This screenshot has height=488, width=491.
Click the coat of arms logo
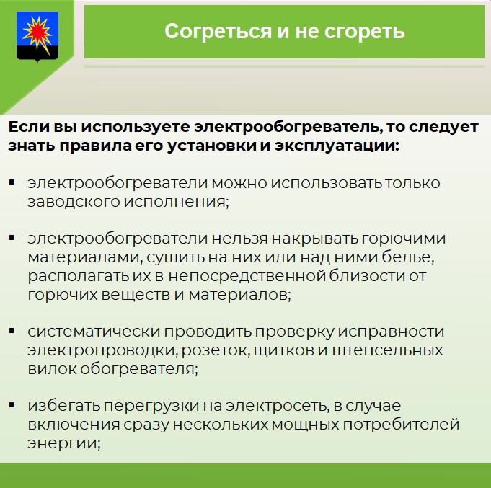tap(37, 36)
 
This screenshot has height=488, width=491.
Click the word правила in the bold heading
tap(95, 146)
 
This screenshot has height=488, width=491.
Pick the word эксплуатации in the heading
tap(337, 146)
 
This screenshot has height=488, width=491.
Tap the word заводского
tap(74, 202)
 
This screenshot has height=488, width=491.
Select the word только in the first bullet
tap(412, 183)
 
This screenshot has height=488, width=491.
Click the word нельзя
tap(239, 239)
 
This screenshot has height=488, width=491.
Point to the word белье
tap(408, 257)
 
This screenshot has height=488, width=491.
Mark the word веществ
tap(136, 295)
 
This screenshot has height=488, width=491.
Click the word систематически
tap(94, 332)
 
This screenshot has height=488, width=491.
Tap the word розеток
tap(216, 350)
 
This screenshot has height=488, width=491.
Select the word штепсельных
tap(387, 350)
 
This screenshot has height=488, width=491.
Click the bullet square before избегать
tap(12, 405)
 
